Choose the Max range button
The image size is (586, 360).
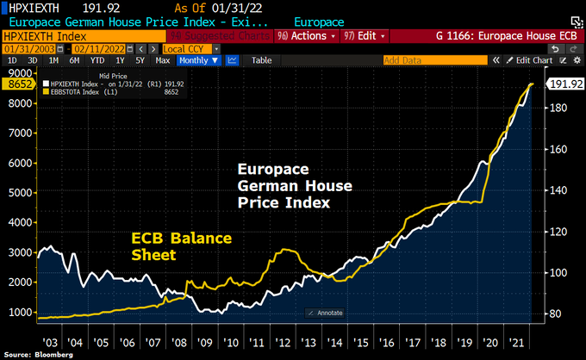pyautogui.click(x=162, y=60)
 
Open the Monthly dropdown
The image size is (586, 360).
pyautogui.click(x=198, y=60)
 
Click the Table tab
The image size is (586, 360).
pyautogui.click(x=261, y=60)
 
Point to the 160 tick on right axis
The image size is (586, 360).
pyautogui.click(x=558, y=149)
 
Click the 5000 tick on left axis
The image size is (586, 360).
pyautogui.click(x=18, y=192)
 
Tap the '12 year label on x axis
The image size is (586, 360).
pyautogui.click(x=283, y=344)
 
